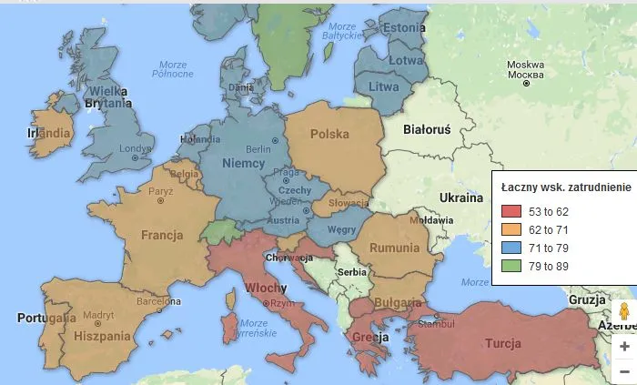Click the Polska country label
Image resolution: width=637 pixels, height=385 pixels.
click(x=329, y=134)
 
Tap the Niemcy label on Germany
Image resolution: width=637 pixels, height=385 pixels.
click(x=244, y=163)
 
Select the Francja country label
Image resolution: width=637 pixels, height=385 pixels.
click(x=162, y=235)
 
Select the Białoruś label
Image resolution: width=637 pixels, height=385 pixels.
click(x=427, y=129)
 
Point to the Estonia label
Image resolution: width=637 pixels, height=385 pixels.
click(x=405, y=27)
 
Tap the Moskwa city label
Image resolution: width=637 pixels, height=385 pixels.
click(x=525, y=66)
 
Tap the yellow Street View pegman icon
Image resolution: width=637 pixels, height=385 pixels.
click(x=623, y=312)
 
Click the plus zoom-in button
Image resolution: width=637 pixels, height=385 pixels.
click(x=623, y=347)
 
